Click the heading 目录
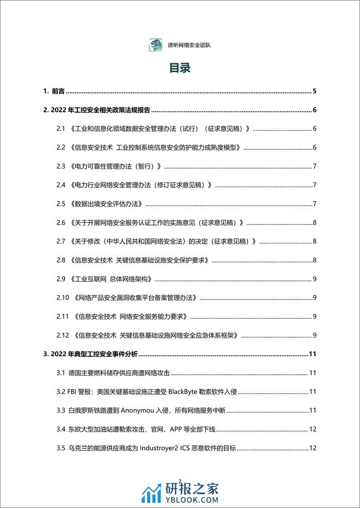point(180,69)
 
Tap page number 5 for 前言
point(314,92)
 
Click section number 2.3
point(62,166)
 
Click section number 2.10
point(63,298)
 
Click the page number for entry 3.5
point(313,448)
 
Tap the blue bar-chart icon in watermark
point(150,493)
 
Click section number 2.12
point(63,335)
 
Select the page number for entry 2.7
point(314,241)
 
